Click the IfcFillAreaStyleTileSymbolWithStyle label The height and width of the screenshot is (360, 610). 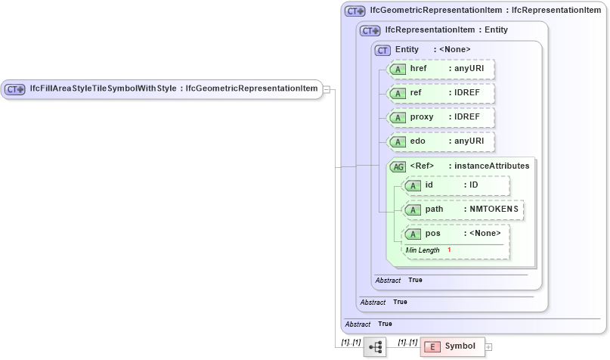[x=102, y=88]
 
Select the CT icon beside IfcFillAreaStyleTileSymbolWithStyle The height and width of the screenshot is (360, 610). [x=15, y=89]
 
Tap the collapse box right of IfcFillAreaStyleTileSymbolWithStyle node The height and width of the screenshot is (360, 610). [x=326, y=89]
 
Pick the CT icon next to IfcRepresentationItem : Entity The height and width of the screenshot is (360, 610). [x=370, y=31]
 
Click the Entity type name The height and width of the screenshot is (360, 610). [x=407, y=50]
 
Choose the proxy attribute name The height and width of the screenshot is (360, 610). [x=421, y=118]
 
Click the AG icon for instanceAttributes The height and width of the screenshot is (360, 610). [x=398, y=166]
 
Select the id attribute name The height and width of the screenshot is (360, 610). [x=429, y=185]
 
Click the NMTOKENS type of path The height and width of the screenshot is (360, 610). [x=491, y=209]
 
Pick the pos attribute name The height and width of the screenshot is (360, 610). [x=432, y=233]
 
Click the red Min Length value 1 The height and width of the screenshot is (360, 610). [x=449, y=250]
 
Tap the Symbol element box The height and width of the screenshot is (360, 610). [x=451, y=346]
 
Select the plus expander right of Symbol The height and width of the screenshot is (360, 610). [x=488, y=346]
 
